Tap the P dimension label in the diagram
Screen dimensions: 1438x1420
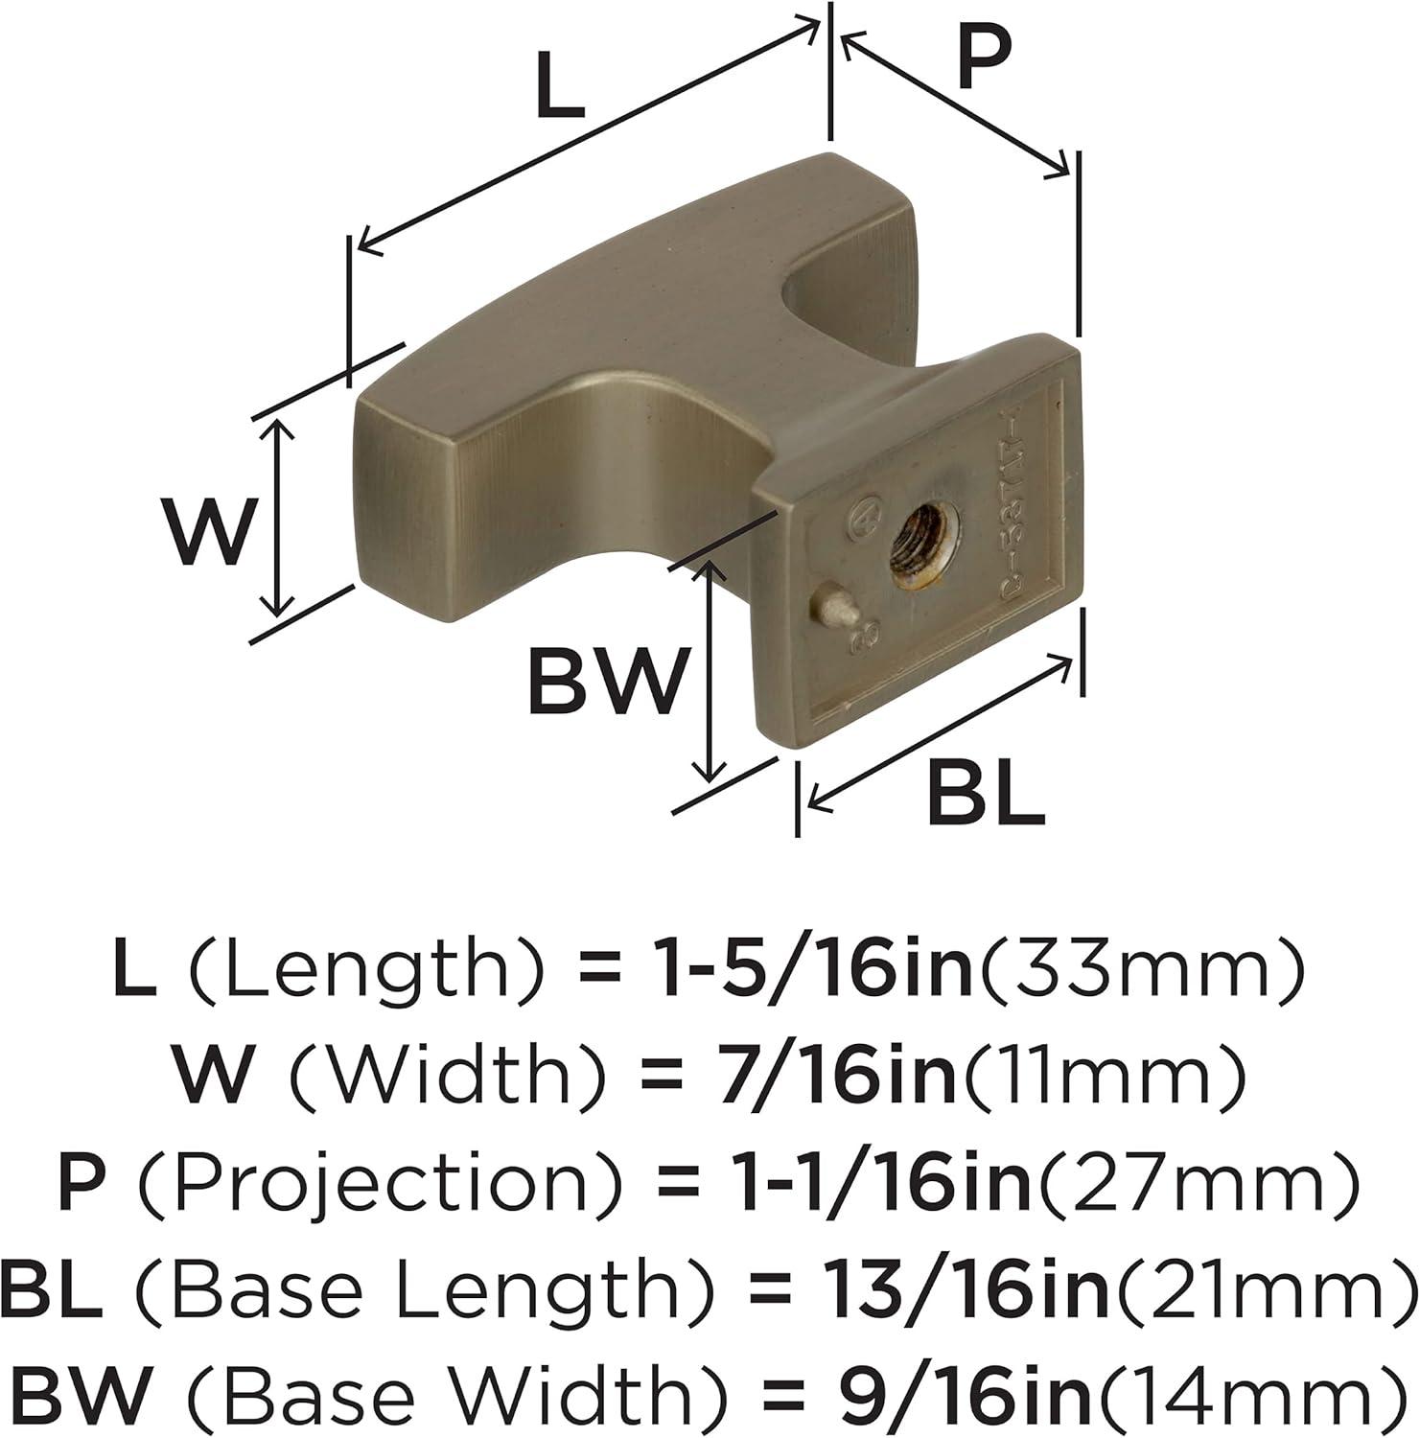click(x=984, y=59)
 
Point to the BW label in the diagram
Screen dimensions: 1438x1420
click(x=608, y=682)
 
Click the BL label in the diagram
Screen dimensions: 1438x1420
click(x=985, y=796)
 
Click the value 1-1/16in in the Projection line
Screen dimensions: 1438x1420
click(x=873, y=1182)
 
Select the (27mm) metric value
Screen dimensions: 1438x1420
click(x=1199, y=1182)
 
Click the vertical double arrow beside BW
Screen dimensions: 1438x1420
click(x=710, y=671)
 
